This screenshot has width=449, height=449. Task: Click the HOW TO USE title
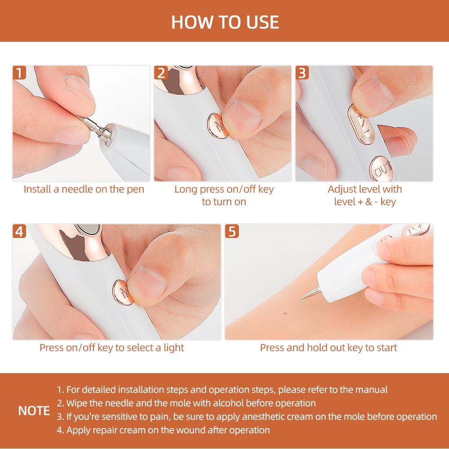pyautogui.click(x=225, y=22)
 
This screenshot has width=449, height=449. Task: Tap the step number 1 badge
pyautogui.click(x=19, y=73)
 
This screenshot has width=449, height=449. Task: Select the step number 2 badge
pyautogui.click(x=161, y=73)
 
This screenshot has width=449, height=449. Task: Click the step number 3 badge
pyautogui.click(x=302, y=73)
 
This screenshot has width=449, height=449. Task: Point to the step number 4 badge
pyautogui.click(x=19, y=231)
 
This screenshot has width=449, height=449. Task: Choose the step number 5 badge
pyautogui.click(x=232, y=231)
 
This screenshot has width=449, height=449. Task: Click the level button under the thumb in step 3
pyautogui.click(x=360, y=121)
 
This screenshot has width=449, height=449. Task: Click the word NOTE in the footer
pyautogui.click(x=34, y=411)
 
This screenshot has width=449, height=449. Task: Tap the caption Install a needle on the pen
pyautogui.click(x=84, y=189)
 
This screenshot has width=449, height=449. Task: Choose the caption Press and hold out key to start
pyautogui.click(x=328, y=348)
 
